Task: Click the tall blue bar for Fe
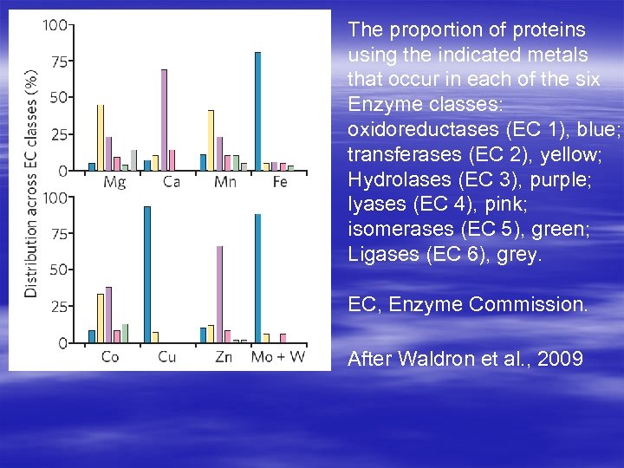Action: click(x=257, y=111)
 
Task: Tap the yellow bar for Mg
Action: click(x=101, y=137)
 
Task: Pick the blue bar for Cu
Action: click(x=147, y=275)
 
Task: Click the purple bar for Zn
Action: click(x=219, y=295)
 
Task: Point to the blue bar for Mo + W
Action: click(x=257, y=278)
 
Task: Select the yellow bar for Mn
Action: click(x=211, y=140)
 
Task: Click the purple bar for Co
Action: click(x=108, y=315)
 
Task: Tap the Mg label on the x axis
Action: click(x=114, y=182)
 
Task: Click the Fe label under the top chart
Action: click(x=279, y=182)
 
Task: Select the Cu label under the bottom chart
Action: click(x=167, y=356)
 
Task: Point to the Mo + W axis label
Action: click(x=277, y=356)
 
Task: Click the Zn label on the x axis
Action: click(x=223, y=356)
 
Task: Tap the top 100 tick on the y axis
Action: click(x=55, y=25)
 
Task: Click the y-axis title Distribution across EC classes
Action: click(x=32, y=184)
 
